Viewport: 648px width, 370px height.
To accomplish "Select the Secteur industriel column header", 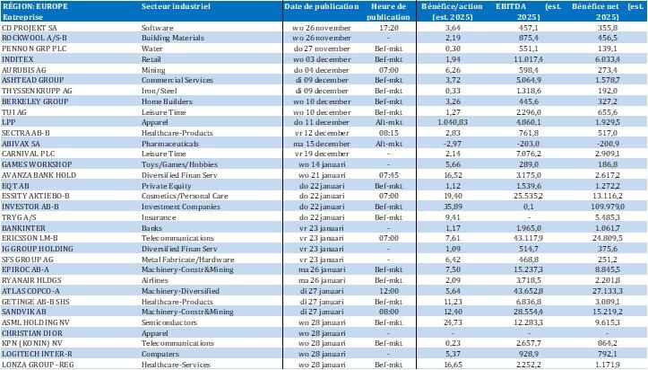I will coord(171,6).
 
